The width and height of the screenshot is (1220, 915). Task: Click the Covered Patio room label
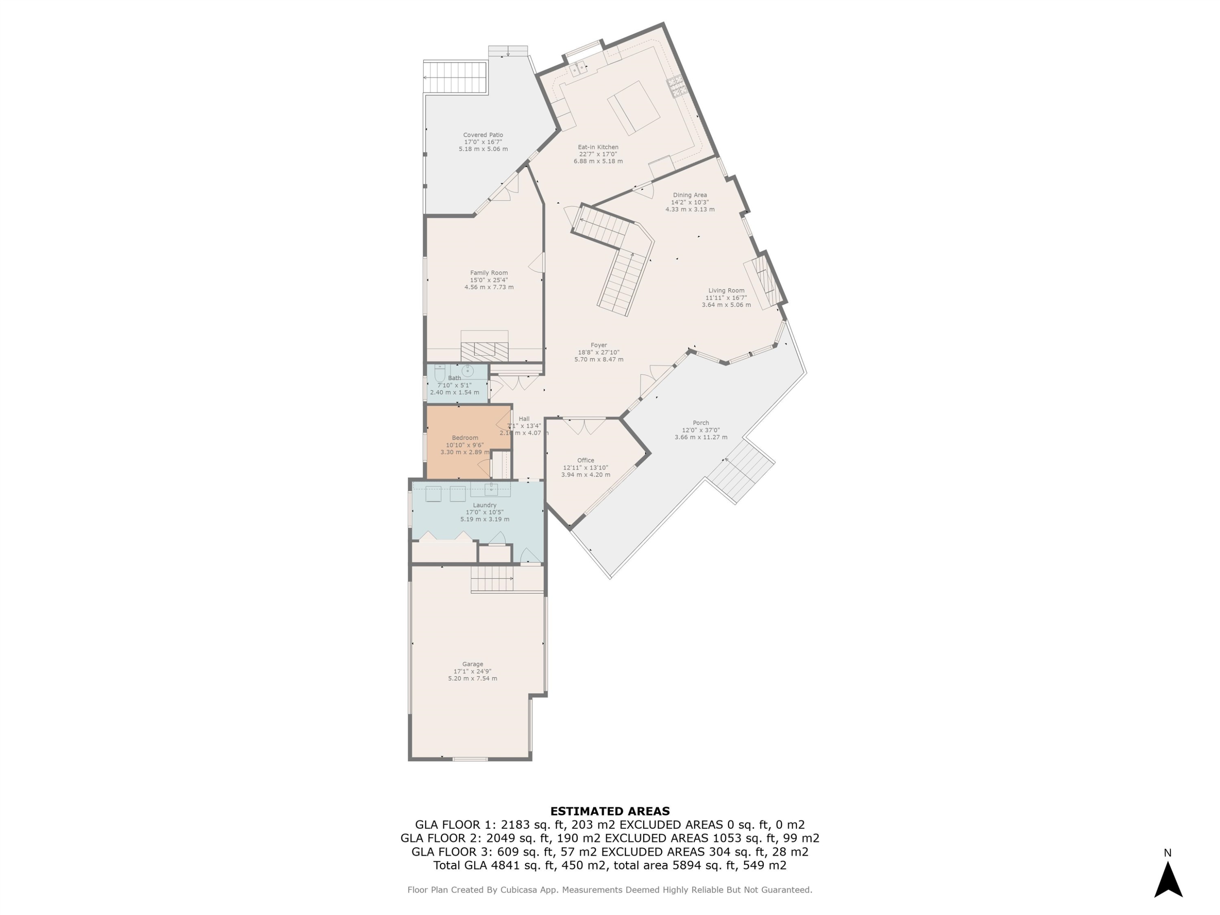[x=483, y=135]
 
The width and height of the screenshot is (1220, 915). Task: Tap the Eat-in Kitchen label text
[x=598, y=147]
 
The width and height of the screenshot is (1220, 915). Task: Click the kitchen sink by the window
[x=579, y=69]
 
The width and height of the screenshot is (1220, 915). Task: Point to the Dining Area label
[x=689, y=195]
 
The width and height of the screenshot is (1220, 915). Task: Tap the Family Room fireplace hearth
[x=484, y=351]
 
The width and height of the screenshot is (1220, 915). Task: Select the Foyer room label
[x=599, y=345]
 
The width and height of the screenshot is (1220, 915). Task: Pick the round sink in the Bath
[x=468, y=370]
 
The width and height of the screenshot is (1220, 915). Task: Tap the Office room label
[x=585, y=460]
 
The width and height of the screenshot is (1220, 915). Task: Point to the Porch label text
[x=700, y=423]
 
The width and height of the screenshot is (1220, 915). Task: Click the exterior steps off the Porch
[x=741, y=472]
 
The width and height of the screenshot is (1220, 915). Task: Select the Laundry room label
[x=484, y=505]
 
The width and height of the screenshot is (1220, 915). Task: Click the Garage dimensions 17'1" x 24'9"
[x=472, y=671]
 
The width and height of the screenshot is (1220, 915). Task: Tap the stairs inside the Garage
[x=492, y=579]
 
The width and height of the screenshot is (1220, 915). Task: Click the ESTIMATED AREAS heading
[x=610, y=811]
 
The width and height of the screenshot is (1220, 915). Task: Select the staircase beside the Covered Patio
[x=455, y=77]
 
